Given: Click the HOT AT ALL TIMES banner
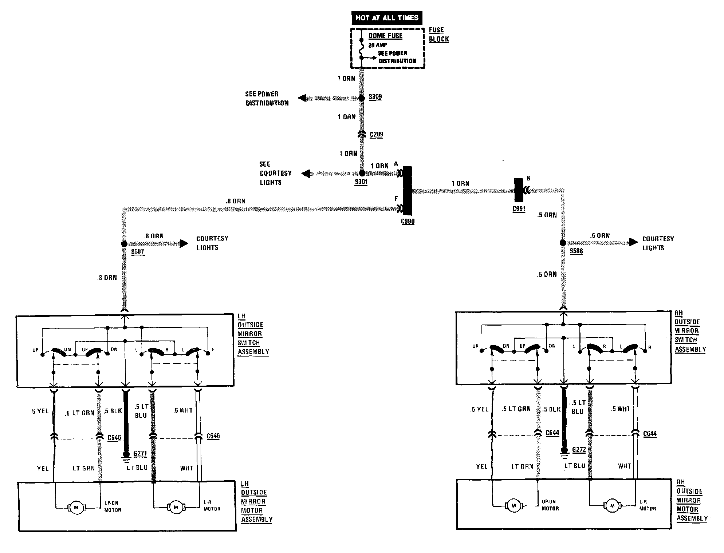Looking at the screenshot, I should pyautogui.click(x=387, y=18).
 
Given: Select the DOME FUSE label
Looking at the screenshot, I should pyautogui.click(x=385, y=36).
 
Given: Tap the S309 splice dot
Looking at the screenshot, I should pyautogui.click(x=362, y=98).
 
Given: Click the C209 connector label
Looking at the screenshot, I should pyautogui.click(x=377, y=135).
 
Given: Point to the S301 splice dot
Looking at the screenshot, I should pyautogui.click(x=362, y=173).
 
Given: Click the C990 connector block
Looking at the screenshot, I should pyautogui.click(x=408, y=191).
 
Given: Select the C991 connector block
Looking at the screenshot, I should pyautogui.click(x=519, y=190).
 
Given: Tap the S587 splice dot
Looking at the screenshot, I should pyautogui.click(x=124, y=244).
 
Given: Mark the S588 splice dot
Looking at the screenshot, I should pyautogui.click(x=563, y=243).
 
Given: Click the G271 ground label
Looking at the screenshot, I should pyautogui.click(x=140, y=454).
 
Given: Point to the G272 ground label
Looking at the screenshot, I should pyautogui.click(x=579, y=450).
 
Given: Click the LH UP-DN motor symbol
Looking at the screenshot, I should pyautogui.click(x=76, y=507).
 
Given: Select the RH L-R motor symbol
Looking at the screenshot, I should pyautogui.click(x=612, y=506).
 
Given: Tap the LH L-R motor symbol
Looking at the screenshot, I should pyautogui.click(x=176, y=507).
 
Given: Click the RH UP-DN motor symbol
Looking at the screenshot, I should pyautogui.click(x=514, y=506).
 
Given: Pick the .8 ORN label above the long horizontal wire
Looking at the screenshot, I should pyautogui.click(x=236, y=201).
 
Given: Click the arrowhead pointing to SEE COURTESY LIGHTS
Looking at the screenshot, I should pyautogui.click(x=306, y=174).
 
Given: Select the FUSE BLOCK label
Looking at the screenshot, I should pyautogui.click(x=438, y=35).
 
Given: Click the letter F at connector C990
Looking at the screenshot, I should pyautogui.click(x=396, y=199).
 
